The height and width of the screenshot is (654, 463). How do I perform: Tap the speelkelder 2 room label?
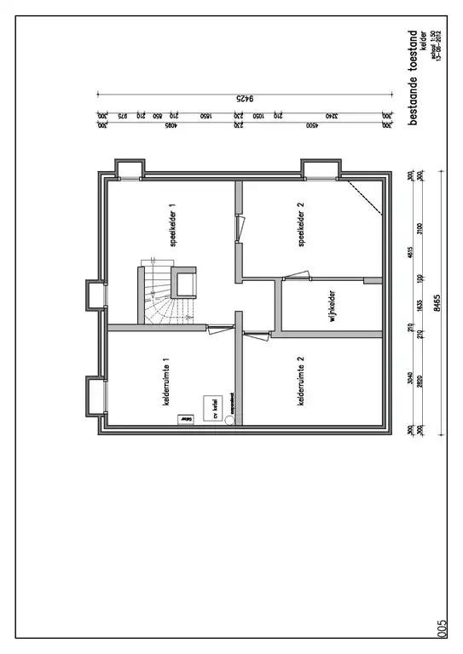point(301,225)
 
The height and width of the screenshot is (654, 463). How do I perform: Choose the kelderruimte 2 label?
point(301,381)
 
